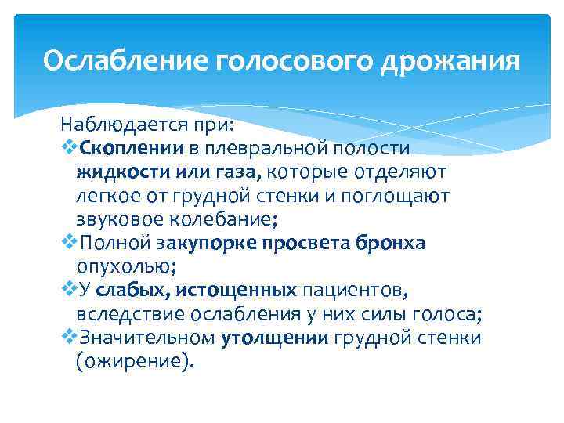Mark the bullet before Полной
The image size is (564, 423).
[x=68, y=242]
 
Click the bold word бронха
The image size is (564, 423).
[x=387, y=243]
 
